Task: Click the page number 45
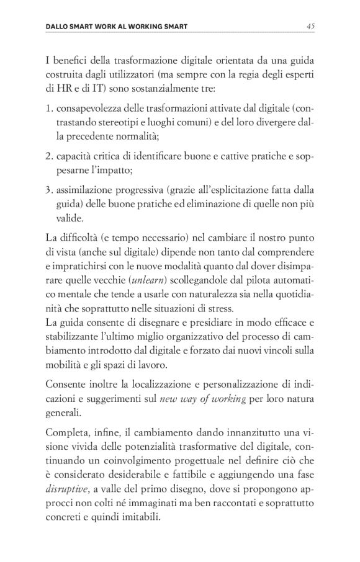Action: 310,26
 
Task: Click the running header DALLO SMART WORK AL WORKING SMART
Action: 117,27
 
